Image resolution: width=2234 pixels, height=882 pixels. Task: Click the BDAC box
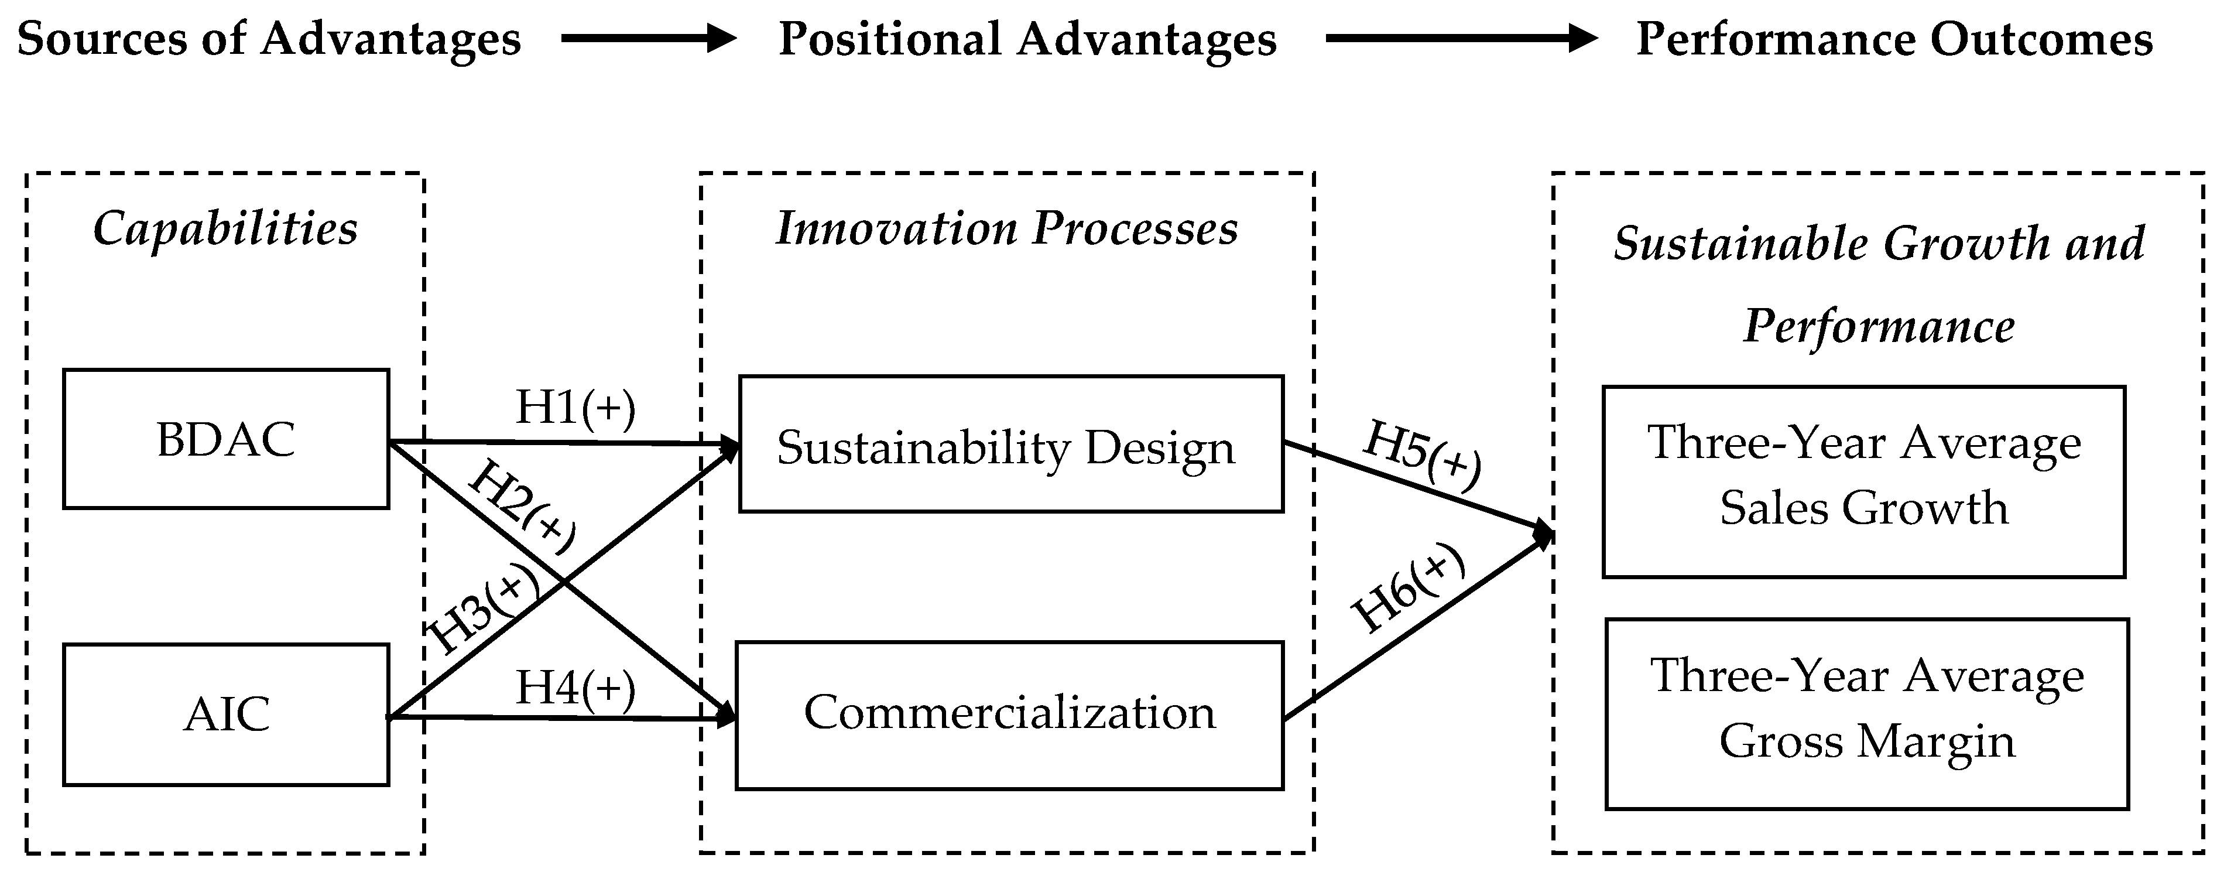[225, 439]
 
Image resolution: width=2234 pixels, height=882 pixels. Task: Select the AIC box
[225, 715]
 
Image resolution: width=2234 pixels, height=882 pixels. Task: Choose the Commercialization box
[1009, 715]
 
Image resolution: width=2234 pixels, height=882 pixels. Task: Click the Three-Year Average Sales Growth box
[1863, 481]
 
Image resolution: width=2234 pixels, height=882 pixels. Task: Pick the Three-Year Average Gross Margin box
[1866, 713]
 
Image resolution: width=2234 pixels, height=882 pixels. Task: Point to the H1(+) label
[575, 406]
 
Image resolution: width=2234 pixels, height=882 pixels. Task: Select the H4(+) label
[575, 688]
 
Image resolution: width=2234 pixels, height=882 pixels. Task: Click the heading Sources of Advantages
[269, 39]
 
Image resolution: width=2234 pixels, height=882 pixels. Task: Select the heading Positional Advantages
[1027, 39]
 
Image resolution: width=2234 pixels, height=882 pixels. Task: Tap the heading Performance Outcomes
[1894, 39]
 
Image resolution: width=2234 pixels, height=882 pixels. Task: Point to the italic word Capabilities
[225, 229]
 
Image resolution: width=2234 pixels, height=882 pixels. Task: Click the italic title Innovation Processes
[1006, 229]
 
